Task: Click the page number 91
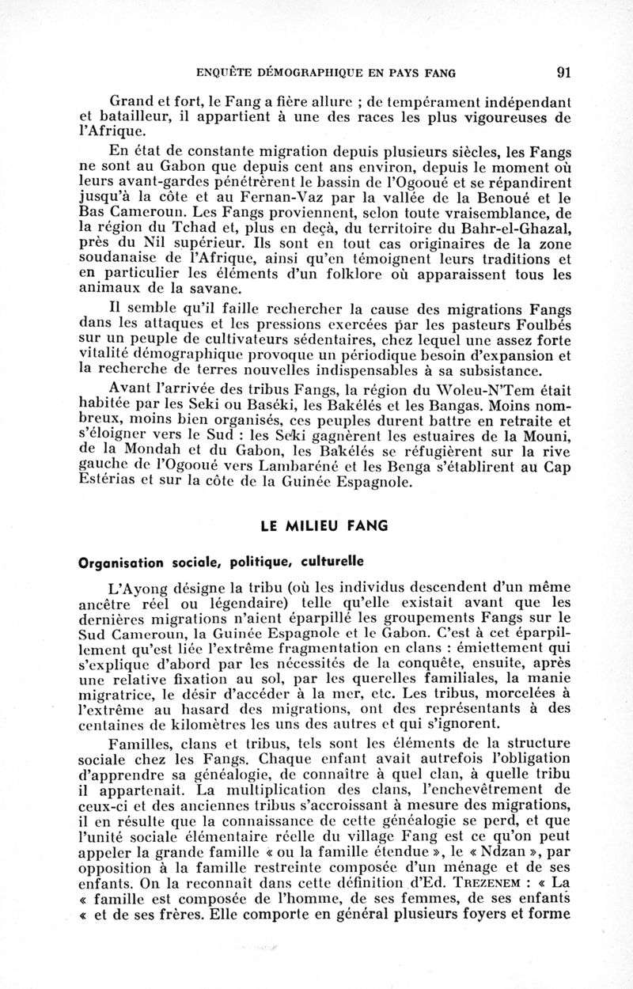pos(563,73)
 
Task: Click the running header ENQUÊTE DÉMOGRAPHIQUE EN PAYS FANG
pos(325,74)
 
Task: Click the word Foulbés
pos(540,322)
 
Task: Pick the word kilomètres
pos(191,724)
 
